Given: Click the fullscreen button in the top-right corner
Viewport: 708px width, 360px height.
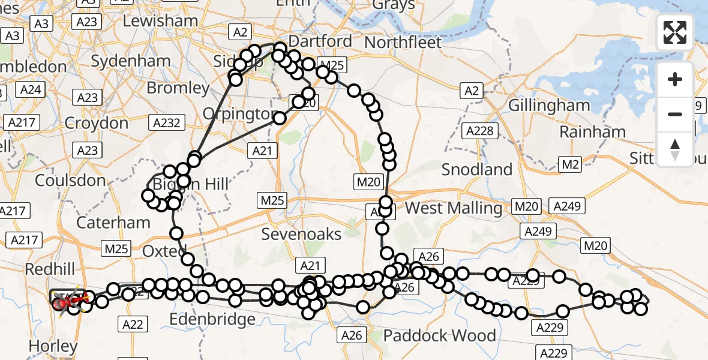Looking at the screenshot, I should point(675,32).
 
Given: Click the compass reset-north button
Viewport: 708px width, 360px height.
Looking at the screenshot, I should point(675,149).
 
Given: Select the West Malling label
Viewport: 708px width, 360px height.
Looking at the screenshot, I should point(454,208).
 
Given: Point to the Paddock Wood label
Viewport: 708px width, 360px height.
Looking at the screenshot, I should point(440,335).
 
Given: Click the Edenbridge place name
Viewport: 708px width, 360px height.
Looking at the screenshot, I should point(212,319).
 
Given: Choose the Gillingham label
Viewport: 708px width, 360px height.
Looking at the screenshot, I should point(549,105).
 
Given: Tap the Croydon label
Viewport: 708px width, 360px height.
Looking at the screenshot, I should point(96,123).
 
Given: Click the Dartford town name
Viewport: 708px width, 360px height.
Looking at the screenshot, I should point(320,41).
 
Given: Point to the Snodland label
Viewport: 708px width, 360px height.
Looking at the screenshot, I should point(477,169).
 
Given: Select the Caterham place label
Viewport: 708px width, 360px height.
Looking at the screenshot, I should point(113,223).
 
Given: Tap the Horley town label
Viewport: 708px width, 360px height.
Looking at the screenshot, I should point(53,346).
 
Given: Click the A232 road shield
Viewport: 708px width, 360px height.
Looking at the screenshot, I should point(166,122).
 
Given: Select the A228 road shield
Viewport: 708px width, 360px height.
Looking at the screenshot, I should point(482,130).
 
